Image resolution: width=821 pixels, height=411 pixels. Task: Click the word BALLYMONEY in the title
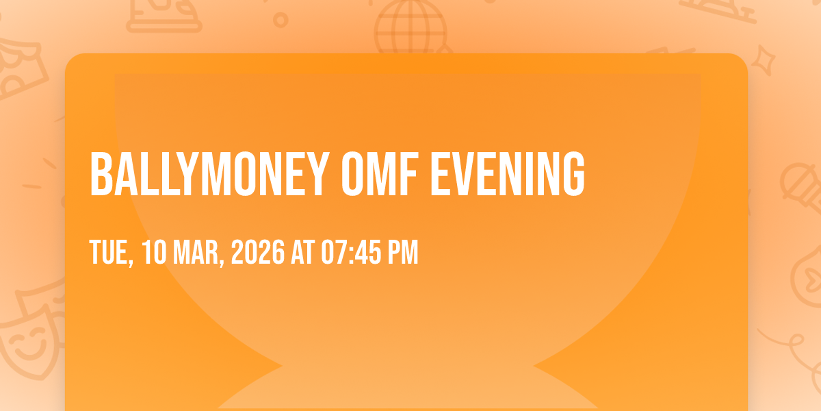pos(209,174)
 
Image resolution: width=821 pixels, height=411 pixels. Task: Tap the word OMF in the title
pos(380,174)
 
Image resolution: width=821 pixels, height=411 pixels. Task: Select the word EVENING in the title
pos(508,174)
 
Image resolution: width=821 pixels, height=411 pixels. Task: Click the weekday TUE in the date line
pos(111,253)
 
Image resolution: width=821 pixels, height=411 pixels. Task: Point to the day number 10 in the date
pos(154,252)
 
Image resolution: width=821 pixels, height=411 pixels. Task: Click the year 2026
pos(258,252)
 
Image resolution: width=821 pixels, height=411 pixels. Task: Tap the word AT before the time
pos(302,252)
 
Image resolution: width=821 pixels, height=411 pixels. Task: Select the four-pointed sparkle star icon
pos(764,60)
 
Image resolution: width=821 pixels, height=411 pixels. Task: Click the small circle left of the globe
pos(281,20)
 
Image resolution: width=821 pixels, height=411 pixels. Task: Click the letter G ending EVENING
pos(574,174)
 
